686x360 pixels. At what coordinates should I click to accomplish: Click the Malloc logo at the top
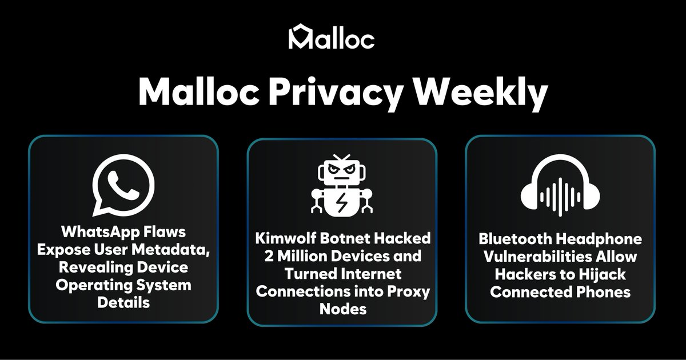[332, 37]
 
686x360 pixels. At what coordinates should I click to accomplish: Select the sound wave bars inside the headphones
[560, 194]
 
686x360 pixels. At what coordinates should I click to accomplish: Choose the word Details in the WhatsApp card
[123, 302]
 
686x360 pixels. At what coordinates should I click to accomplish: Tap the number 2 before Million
[265, 255]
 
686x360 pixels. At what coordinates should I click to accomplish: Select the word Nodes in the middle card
[342, 309]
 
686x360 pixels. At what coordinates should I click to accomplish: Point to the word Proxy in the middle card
[410, 291]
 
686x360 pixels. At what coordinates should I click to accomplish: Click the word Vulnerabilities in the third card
[541, 257]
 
